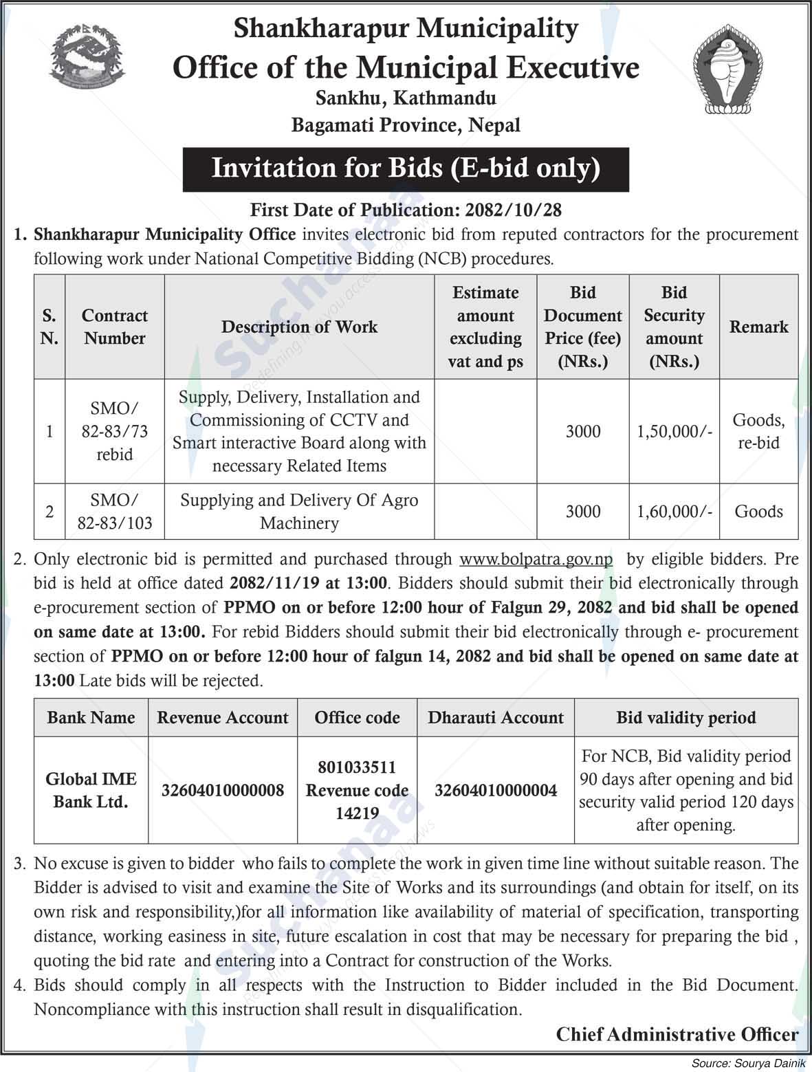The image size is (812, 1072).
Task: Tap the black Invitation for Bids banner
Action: pos(406,168)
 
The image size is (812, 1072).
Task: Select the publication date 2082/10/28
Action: pos(522,210)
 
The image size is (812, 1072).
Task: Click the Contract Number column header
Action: pos(114,327)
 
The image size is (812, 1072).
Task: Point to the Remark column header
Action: pos(758,327)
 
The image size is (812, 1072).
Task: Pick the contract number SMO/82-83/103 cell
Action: pos(114,512)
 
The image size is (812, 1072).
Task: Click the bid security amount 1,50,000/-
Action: pos(674,431)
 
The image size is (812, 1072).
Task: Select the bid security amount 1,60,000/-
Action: pos(674,512)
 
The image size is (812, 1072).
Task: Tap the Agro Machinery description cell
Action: pos(299,512)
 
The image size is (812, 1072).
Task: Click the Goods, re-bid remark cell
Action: pos(758,431)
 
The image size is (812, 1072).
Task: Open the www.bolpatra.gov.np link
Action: pos(536,559)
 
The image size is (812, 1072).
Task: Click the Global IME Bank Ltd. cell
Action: pos(91,790)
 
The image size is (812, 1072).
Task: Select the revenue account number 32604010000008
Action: pos(223,790)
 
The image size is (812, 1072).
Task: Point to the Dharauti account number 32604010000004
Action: pos(496,790)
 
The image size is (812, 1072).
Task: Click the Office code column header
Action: pos(357,718)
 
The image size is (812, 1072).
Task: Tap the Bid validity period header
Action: pos(685,718)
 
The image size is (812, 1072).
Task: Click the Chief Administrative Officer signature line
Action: pos(677,1034)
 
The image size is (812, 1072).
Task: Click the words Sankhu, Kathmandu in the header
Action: pos(406,98)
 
